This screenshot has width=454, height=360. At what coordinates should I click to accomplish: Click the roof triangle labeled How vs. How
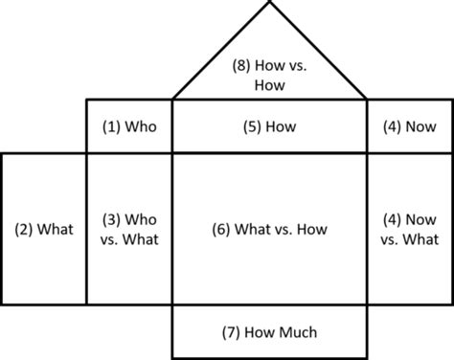tap(269, 67)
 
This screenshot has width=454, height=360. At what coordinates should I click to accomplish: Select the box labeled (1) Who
tap(129, 125)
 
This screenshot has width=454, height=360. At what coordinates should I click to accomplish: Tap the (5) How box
tap(269, 125)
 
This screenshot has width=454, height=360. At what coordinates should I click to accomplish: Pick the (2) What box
tap(43, 229)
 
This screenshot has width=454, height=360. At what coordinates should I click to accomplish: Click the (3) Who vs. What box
tap(129, 229)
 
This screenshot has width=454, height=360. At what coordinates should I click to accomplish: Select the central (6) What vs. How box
tap(269, 229)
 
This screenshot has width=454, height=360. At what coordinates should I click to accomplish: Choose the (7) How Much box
tap(269, 332)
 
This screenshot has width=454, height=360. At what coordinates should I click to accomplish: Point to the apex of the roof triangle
tap(270, 4)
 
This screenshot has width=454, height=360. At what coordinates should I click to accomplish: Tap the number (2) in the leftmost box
tap(22, 229)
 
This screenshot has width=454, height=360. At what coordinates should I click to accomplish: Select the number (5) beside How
tap(250, 125)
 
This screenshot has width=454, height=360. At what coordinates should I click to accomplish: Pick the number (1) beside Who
tap(111, 125)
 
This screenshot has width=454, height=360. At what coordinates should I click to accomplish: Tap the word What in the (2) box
tap(55, 229)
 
